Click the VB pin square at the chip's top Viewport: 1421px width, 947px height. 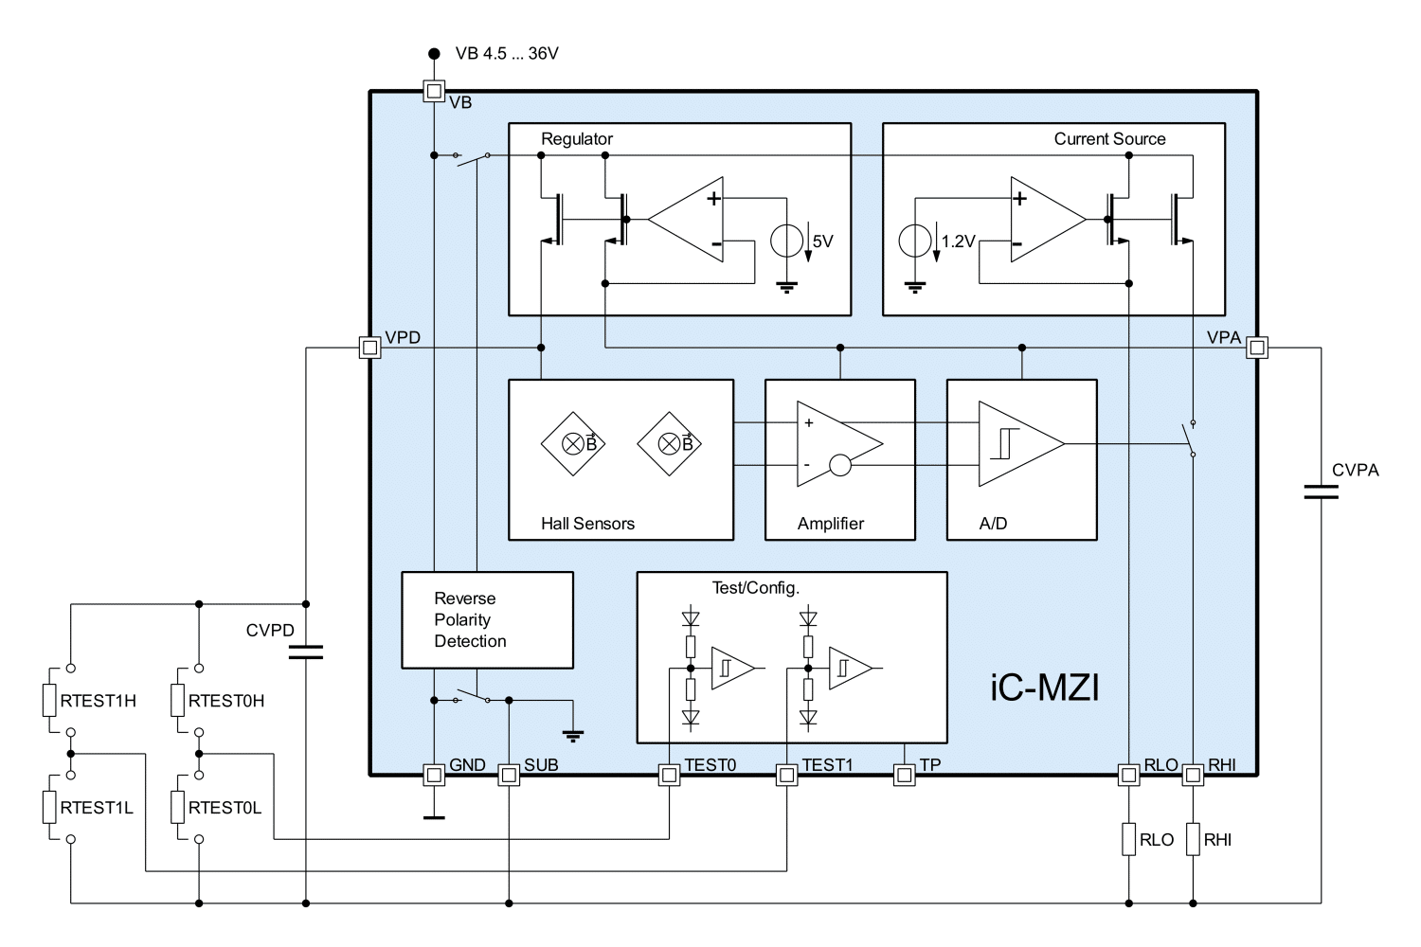pyautogui.click(x=434, y=91)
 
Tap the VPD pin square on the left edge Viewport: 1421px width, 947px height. pyautogui.click(x=369, y=348)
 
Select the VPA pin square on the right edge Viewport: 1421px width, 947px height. pyautogui.click(x=1257, y=348)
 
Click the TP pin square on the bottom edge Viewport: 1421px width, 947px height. pyautogui.click(x=905, y=775)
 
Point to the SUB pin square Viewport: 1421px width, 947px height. pyautogui.click(x=509, y=775)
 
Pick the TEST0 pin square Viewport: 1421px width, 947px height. pyautogui.click(x=669, y=775)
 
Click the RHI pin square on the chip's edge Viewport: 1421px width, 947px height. pyautogui.click(x=1193, y=775)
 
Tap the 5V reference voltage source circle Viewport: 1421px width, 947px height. pyautogui.click(x=786, y=241)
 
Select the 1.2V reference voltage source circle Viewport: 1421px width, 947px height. pyautogui.click(x=915, y=241)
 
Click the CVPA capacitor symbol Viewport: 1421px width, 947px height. pyautogui.click(x=1321, y=492)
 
